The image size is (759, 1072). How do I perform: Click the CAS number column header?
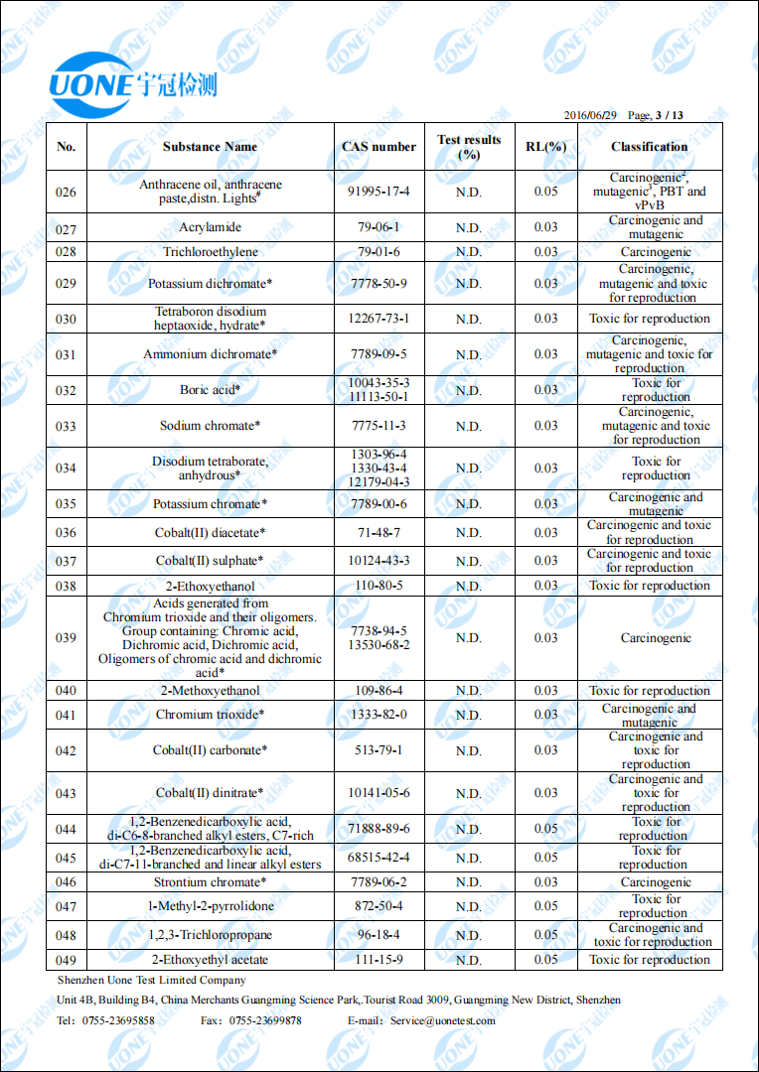[379, 147]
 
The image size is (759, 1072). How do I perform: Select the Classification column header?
[650, 147]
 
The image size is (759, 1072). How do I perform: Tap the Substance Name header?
[210, 147]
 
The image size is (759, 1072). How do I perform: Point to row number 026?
[66, 192]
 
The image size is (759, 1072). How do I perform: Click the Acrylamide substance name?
[210, 227]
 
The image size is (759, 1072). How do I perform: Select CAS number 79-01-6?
[379, 252]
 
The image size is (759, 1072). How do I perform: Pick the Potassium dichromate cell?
[210, 284]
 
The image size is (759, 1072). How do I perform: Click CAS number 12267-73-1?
[379, 319]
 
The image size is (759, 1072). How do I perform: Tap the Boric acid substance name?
[210, 390]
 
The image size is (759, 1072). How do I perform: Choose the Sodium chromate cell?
[210, 426]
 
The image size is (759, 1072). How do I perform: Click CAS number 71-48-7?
[379, 533]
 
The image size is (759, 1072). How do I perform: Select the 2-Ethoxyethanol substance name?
[210, 586]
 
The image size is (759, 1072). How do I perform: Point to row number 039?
[66, 638]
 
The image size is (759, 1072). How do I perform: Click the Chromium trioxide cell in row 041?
[210, 715]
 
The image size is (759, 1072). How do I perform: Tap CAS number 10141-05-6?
[379, 793]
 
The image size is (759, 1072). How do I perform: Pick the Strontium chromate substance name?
[210, 882]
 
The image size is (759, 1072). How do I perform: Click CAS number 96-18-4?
[379, 935]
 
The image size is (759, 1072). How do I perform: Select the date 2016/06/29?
[591, 115]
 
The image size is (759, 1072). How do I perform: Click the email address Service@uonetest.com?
[442, 1020]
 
